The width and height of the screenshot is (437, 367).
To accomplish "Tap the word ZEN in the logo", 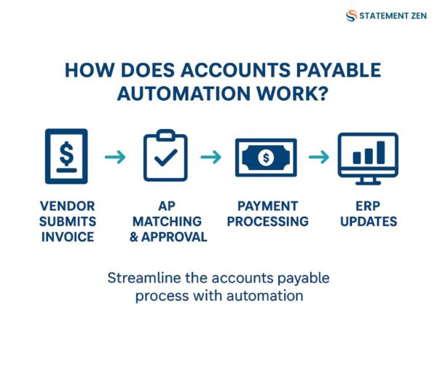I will pos(414,16).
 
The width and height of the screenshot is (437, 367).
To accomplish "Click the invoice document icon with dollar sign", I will pos(66,155).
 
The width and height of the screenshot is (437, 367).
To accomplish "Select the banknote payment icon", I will pos(267,157).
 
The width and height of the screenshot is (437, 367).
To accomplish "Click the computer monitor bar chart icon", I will pos(368,156).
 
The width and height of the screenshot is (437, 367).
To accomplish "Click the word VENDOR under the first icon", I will pos(66,206).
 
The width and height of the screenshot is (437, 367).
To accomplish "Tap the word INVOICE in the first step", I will pos(66,237).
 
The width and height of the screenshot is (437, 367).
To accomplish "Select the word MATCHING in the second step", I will pos(167,222).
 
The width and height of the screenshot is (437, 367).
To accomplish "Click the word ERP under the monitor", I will pos(368,206).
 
